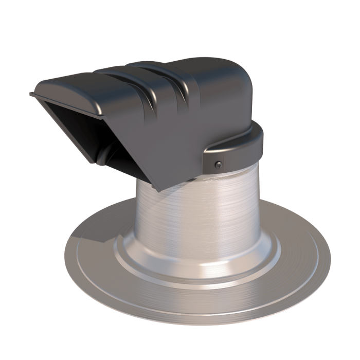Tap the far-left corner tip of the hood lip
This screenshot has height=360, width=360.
(x=31, y=94)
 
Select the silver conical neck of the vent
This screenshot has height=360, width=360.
(x=201, y=216)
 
